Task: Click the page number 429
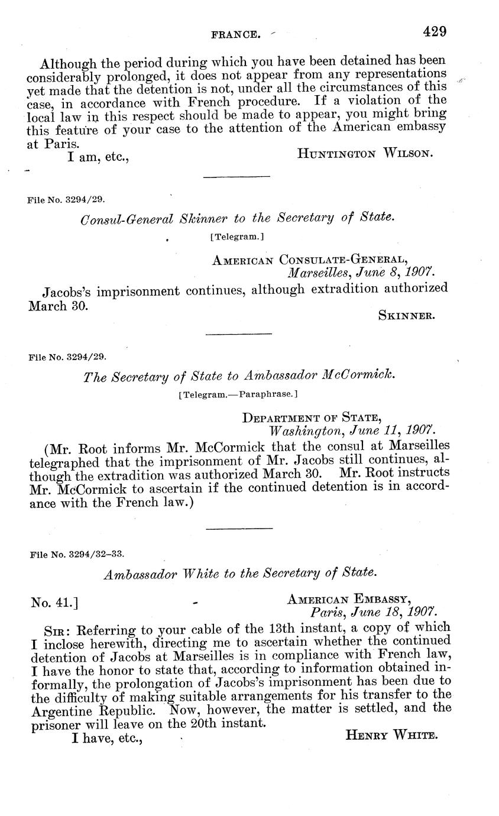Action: coord(435,31)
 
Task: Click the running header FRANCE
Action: coord(236,35)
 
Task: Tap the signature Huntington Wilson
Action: coord(365,154)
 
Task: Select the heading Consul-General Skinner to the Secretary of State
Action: coord(237,218)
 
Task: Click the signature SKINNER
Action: coord(407,316)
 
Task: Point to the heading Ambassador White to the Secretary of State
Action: coord(239,573)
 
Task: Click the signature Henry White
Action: coord(391,736)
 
